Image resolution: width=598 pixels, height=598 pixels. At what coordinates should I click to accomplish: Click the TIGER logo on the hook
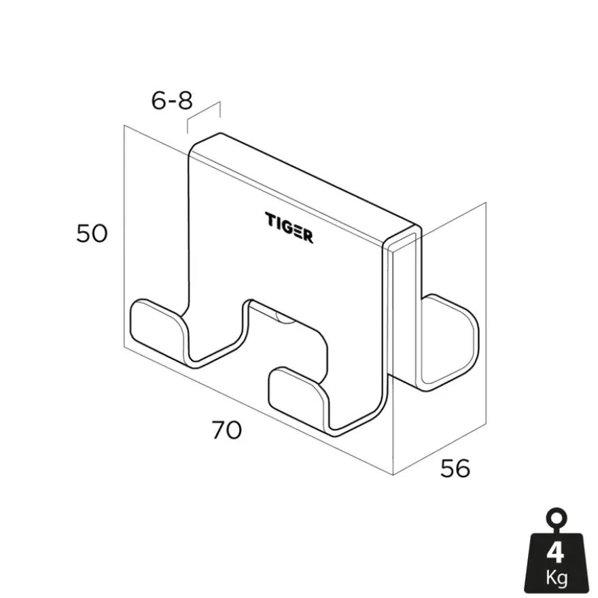pyautogui.click(x=289, y=228)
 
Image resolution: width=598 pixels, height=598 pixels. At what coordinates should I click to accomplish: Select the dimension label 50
pyautogui.click(x=92, y=233)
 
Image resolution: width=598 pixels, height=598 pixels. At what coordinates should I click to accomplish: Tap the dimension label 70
pyautogui.click(x=227, y=429)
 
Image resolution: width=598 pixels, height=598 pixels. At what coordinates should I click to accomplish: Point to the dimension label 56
pyautogui.click(x=455, y=468)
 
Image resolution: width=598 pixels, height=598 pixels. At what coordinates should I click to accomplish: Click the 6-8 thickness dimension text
pyautogui.click(x=172, y=101)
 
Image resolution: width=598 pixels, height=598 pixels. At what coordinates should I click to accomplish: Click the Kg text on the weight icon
pyautogui.click(x=557, y=578)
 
